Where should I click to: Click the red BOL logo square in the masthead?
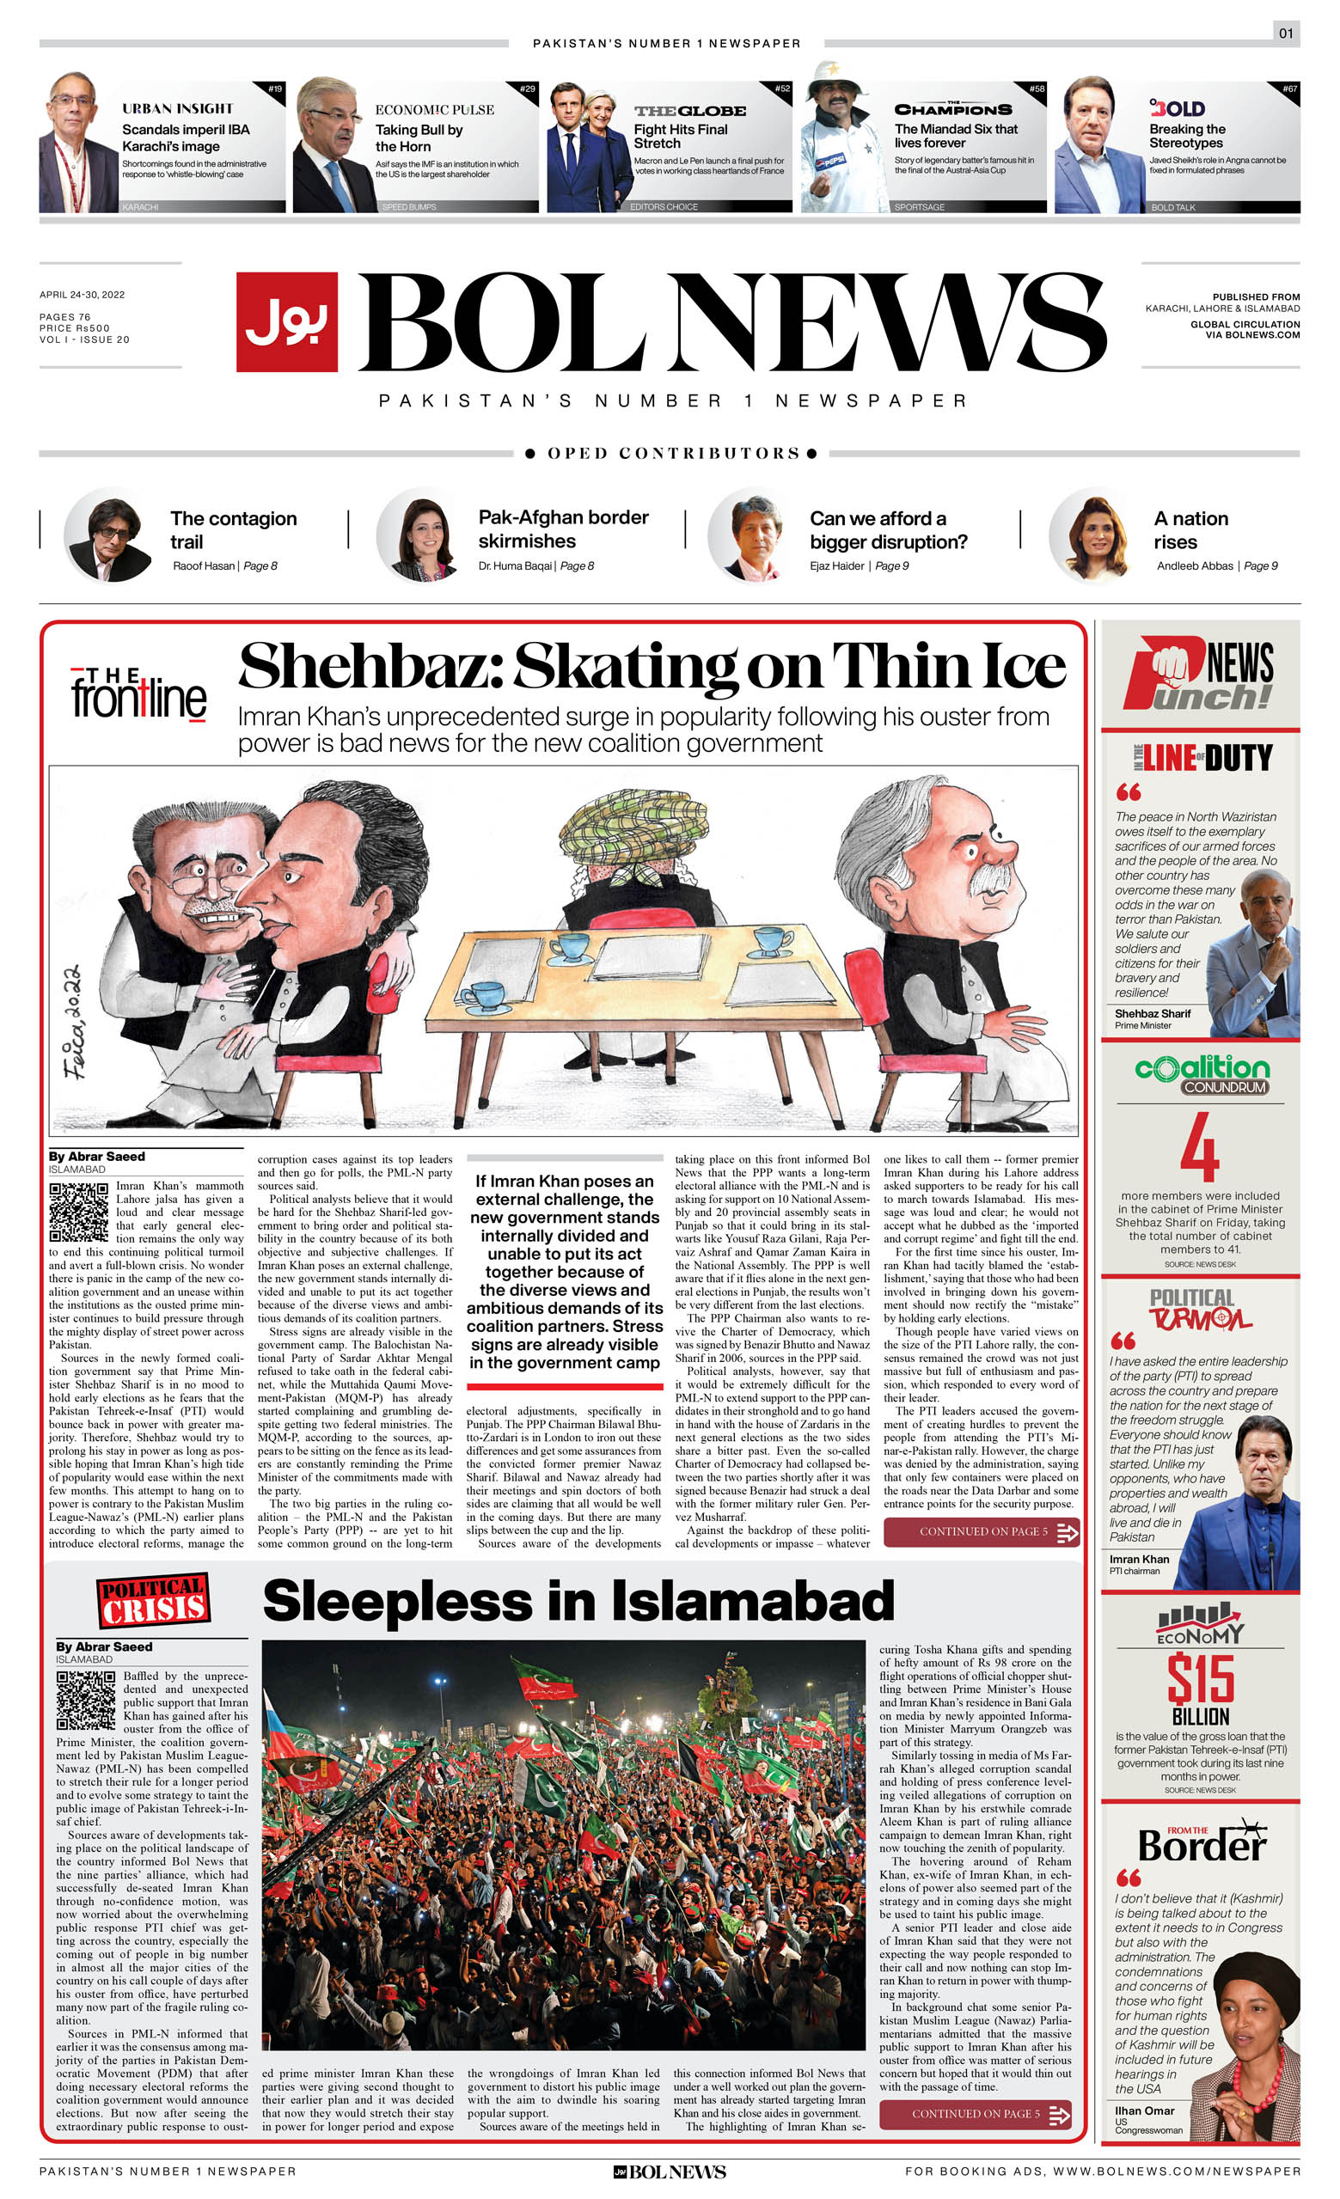pyautogui.click(x=286, y=321)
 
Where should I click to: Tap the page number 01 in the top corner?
pyautogui.click(x=1286, y=34)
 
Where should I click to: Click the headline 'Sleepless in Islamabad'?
pyautogui.click(x=578, y=1600)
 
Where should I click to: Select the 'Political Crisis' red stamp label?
pyautogui.click(x=154, y=1600)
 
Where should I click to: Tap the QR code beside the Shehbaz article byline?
pyautogui.click(x=78, y=1212)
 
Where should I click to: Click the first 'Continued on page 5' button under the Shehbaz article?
pyautogui.click(x=981, y=1532)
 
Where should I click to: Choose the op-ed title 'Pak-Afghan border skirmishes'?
pyautogui.click(x=562, y=529)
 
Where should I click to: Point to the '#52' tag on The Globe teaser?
pyautogui.click(x=781, y=89)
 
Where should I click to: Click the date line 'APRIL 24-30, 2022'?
pyautogui.click(x=83, y=295)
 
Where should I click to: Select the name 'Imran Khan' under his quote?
pyautogui.click(x=1139, y=1559)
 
